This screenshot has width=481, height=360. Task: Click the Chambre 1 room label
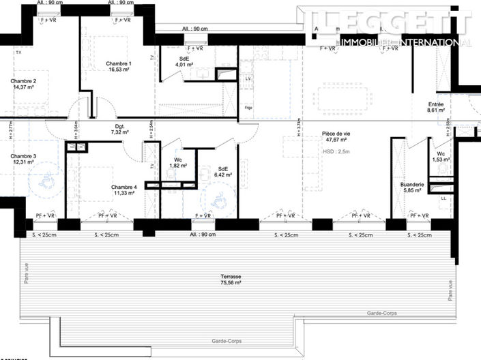[119, 63]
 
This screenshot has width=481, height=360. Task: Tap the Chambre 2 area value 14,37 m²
[23, 87]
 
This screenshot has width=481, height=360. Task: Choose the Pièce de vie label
[335, 134]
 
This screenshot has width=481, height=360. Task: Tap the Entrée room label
[435, 102]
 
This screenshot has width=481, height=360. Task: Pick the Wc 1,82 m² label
[173, 162]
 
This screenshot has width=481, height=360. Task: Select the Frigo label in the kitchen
[248, 107]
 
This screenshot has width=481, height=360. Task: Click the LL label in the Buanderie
[443, 198]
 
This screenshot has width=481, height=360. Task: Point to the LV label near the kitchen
[248, 79]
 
